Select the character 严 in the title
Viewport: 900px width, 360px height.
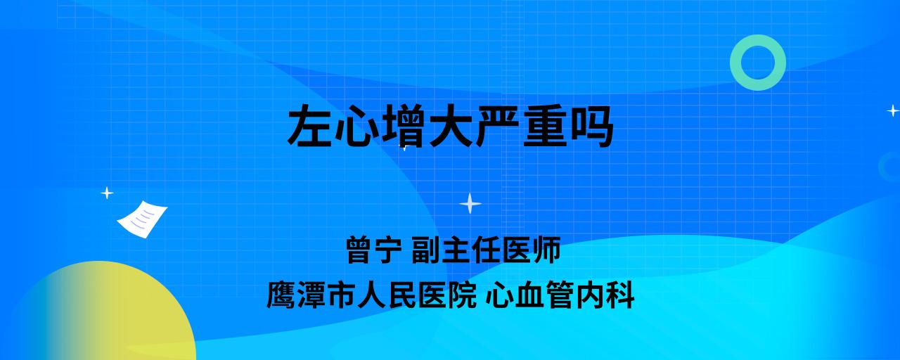pos(496,125)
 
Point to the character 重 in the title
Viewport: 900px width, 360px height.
pos(544,125)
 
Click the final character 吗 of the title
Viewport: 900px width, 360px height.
pos(591,125)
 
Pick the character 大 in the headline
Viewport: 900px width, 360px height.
pos(449,125)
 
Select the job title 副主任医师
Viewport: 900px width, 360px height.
pos(486,250)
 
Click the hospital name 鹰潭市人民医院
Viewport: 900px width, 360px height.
pos(371,295)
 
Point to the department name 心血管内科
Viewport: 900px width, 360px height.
pos(560,295)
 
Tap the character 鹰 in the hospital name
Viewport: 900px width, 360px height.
pos(281,295)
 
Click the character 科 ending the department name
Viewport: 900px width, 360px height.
pos(620,295)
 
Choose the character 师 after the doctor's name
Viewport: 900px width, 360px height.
pos(546,250)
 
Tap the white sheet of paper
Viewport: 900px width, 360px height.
pos(142,219)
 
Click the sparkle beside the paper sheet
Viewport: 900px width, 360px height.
pos(107,193)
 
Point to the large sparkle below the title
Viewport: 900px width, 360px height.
pos(470,203)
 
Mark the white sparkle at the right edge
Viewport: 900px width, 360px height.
pos(893,110)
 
